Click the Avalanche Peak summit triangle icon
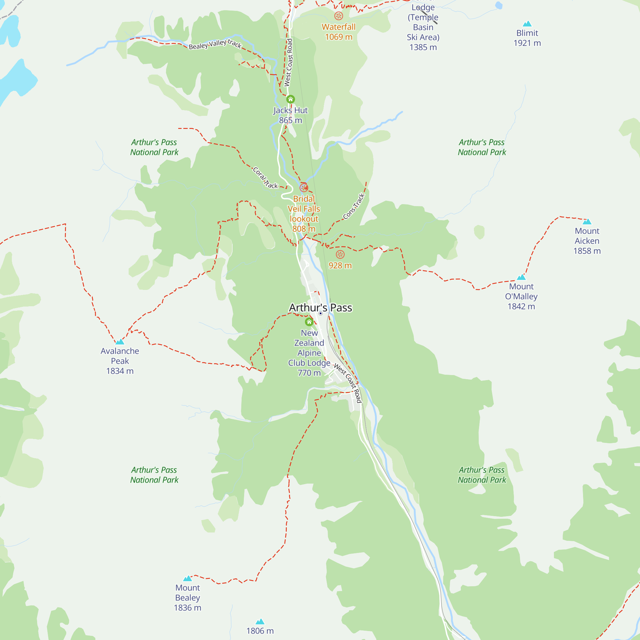click(120, 341)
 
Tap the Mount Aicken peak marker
click(587, 222)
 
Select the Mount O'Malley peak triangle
click(521, 277)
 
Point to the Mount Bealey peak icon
click(188, 578)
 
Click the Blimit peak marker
click(527, 24)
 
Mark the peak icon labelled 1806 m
click(260, 621)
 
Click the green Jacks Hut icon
click(291, 99)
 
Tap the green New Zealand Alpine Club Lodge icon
click(309, 322)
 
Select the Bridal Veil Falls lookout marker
click(304, 188)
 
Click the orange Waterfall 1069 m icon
click(339, 16)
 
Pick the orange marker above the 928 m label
click(340, 254)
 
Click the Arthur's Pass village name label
click(320, 308)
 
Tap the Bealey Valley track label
click(215, 44)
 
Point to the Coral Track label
click(265, 178)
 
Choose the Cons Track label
click(354, 206)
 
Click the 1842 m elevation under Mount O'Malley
click(521, 307)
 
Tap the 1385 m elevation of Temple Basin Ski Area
click(423, 47)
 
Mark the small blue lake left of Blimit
click(499, 5)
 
